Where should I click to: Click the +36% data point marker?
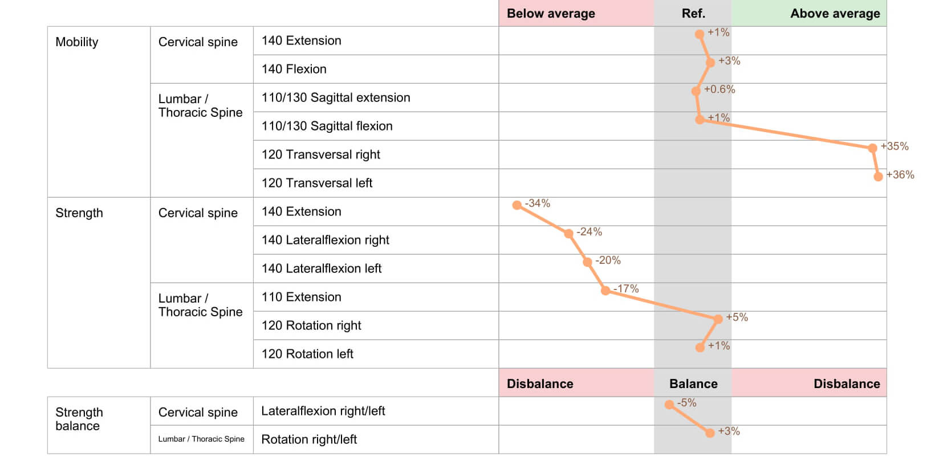(x=878, y=177)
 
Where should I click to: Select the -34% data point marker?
(x=517, y=205)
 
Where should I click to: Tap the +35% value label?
(x=895, y=146)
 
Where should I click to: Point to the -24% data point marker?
(x=568, y=234)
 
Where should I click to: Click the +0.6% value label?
(x=720, y=89)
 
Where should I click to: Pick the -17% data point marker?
(x=605, y=291)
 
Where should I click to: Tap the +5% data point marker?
(x=718, y=319)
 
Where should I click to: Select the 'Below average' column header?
(x=551, y=14)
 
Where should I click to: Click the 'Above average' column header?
(x=835, y=14)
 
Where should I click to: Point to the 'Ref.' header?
(x=693, y=14)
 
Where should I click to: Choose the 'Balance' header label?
(x=693, y=384)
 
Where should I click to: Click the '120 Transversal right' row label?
(x=320, y=154)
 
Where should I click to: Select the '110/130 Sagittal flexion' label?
(x=327, y=126)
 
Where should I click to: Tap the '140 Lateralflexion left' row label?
(x=321, y=268)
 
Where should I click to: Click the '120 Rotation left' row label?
(x=307, y=354)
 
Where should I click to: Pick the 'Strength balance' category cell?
(x=79, y=419)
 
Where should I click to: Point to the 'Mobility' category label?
(x=77, y=42)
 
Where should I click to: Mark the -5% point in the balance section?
(x=669, y=405)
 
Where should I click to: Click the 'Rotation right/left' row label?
(x=308, y=439)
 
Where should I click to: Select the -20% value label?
(x=608, y=260)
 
